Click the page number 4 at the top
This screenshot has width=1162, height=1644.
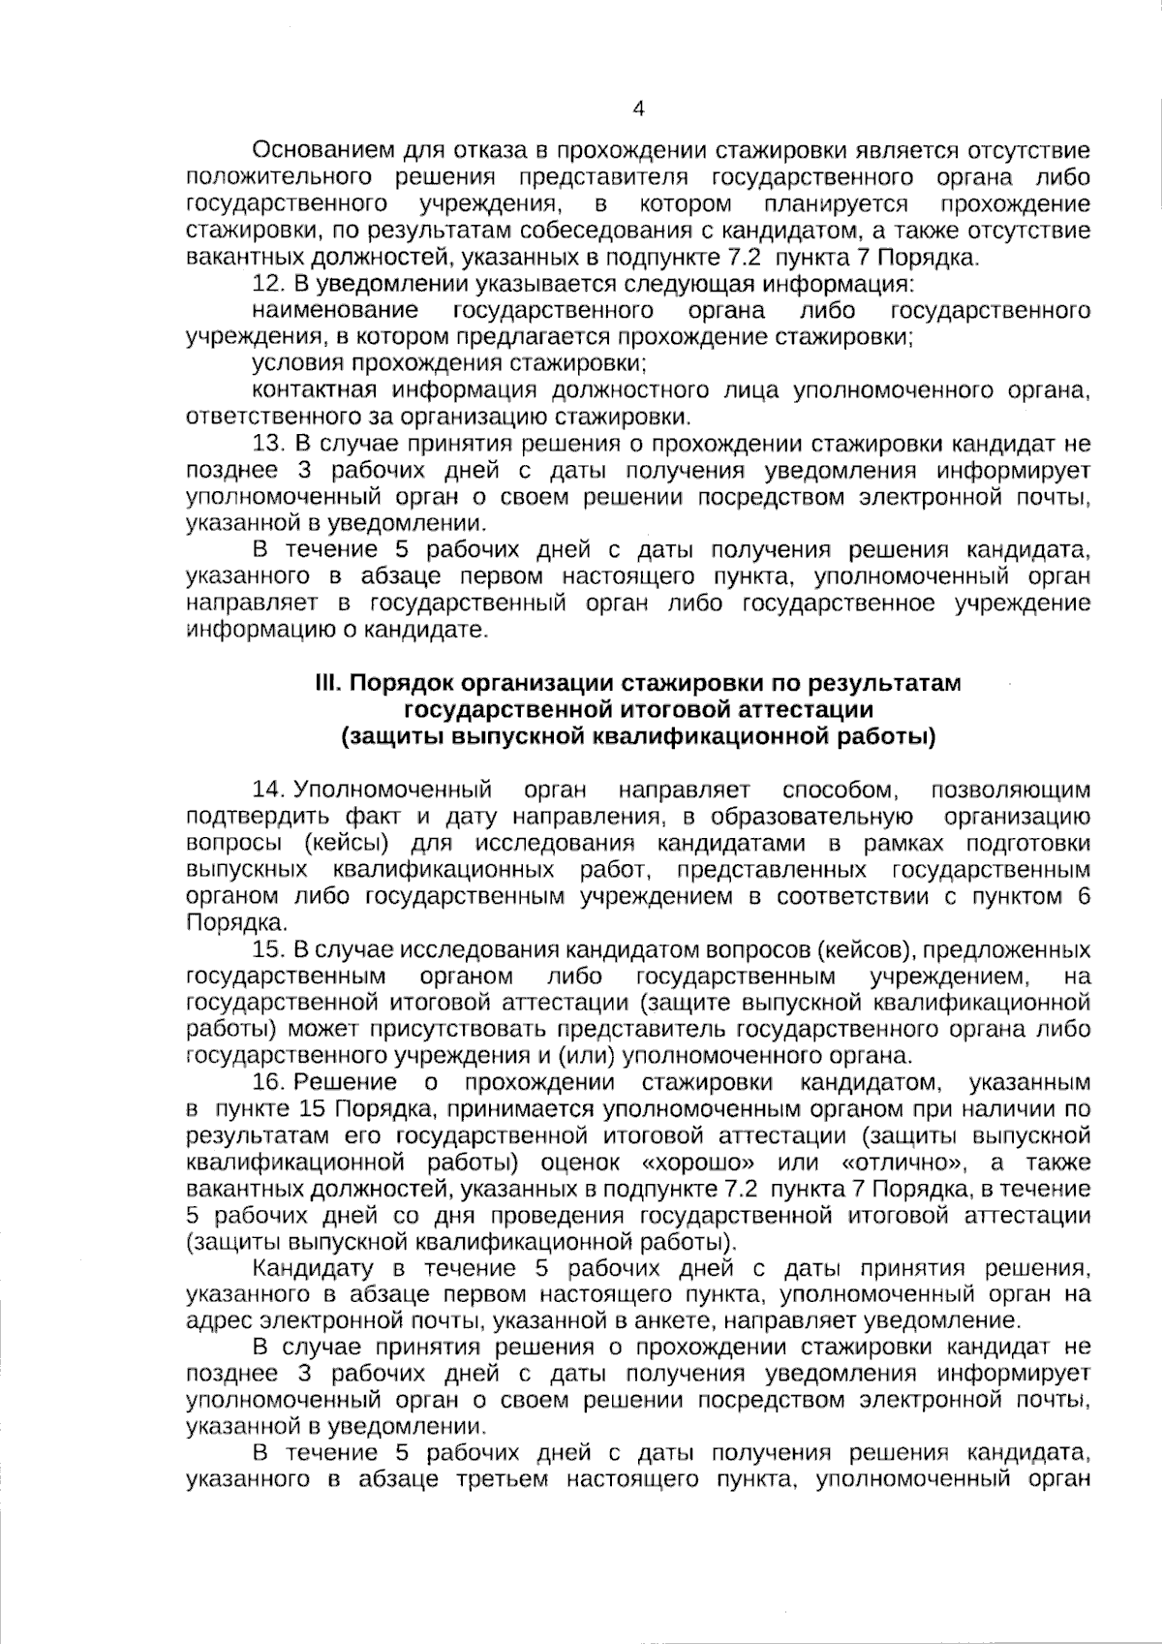tap(638, 109)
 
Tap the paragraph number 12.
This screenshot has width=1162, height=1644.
tap(266, 285)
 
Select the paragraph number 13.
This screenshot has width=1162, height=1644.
tap(266, 445)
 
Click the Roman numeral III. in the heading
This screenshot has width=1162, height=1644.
tap(327, 684)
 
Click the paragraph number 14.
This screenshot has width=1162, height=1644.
tap(266, 791)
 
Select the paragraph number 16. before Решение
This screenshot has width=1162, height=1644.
tap(266, 1082)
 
